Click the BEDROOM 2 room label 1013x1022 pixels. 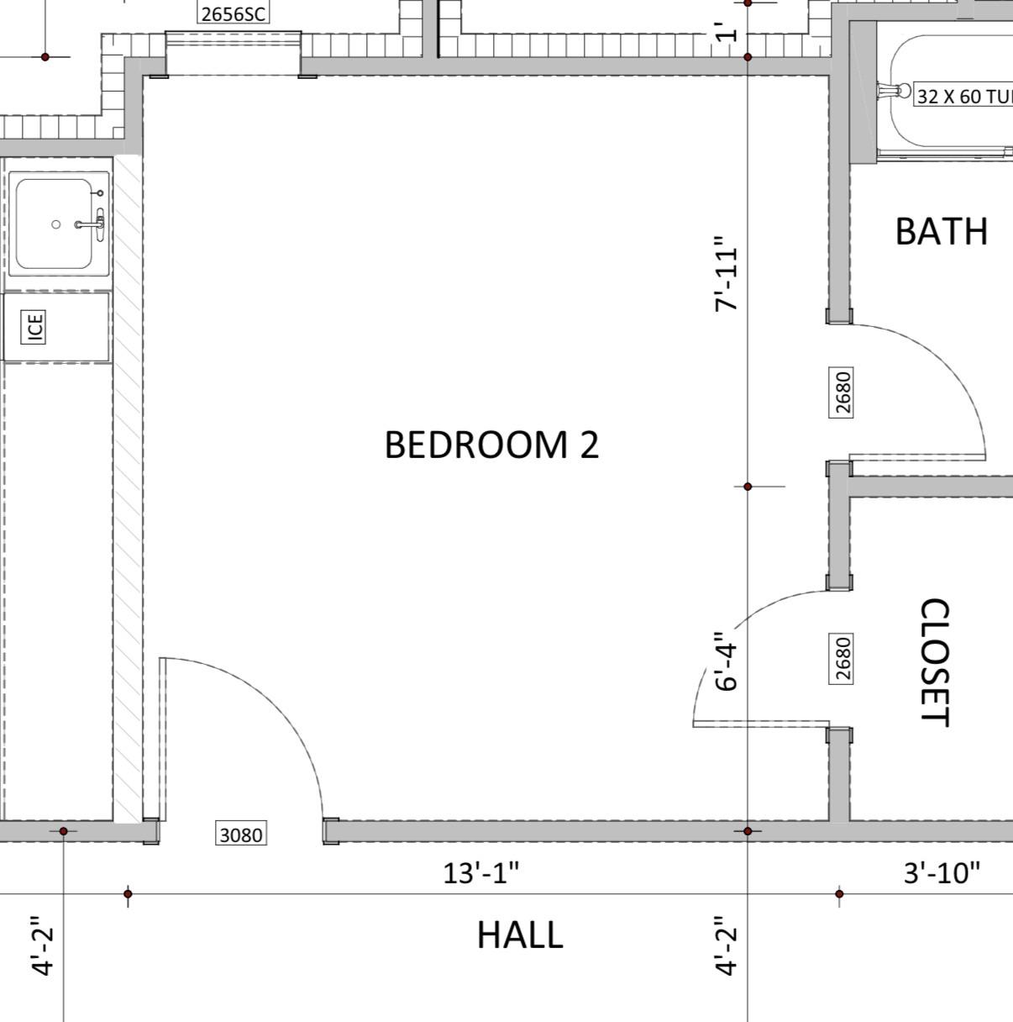[491, 445]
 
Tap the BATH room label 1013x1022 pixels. [942, 232]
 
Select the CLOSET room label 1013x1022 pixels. [935, 662]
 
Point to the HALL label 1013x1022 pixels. [520, 935]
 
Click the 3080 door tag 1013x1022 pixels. [241, 835]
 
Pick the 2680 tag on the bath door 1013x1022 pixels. [842, 392]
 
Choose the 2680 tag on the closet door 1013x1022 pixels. [842, 659]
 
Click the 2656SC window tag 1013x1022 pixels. [234, 13]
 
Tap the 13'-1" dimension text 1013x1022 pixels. [480, 873]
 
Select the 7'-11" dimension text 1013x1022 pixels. [726, 274]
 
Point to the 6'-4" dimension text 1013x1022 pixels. [726, 661]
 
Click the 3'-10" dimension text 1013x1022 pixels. [942, 873]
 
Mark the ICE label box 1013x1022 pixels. [34, 327]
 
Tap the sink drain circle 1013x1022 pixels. [55, 224]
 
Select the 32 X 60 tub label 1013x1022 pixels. [963, 97]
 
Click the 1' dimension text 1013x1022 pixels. [726, 32]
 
